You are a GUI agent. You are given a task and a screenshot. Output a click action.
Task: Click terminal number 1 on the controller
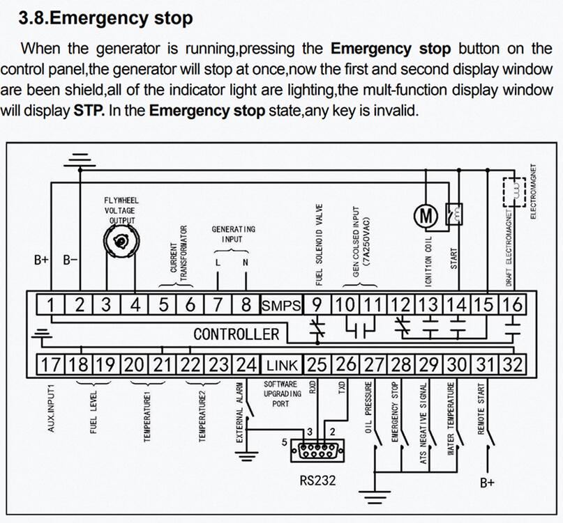[51, 305]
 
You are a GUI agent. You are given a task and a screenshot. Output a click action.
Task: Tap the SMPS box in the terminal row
[281, 305]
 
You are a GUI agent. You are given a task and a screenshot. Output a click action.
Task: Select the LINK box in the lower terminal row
[281, 364]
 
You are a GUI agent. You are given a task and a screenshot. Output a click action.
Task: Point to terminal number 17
[51, 364]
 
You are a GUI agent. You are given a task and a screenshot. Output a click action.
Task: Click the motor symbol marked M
[426, 217]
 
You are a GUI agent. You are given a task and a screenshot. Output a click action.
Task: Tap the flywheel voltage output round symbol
[121, 241]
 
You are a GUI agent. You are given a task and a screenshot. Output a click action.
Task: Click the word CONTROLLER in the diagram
[236, 334]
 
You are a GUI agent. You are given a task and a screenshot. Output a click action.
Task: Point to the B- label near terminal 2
[70, 260]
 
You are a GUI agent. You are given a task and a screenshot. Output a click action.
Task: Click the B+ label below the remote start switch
[487, 483]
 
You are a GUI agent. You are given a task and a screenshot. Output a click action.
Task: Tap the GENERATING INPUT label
[233, 233]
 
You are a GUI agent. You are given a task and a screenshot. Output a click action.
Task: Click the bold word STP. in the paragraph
[89, 111]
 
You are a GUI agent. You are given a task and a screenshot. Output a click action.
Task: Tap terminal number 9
[316, 305]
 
